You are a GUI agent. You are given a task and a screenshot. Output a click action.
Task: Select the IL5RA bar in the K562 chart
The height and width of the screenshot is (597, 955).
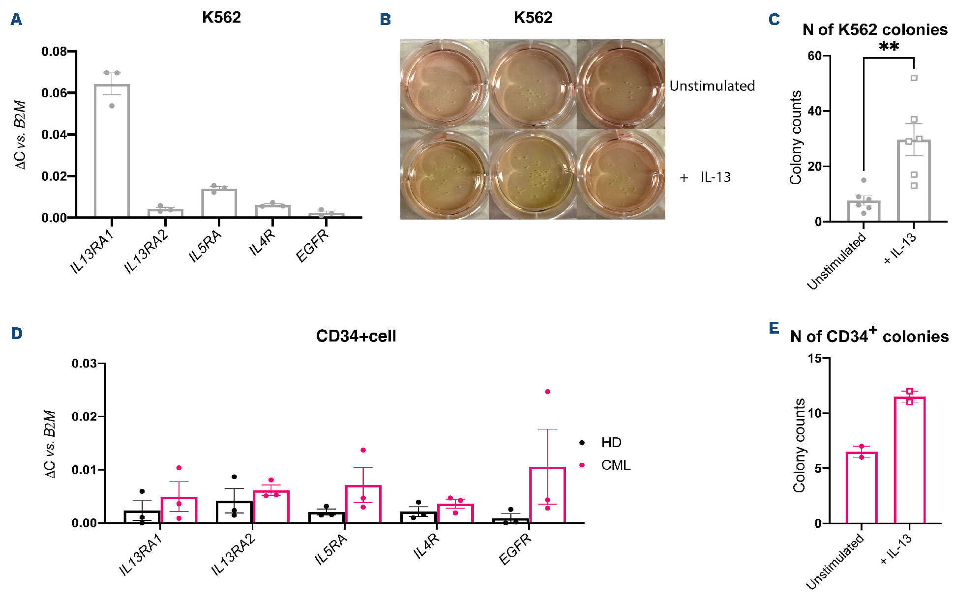coord(219,203)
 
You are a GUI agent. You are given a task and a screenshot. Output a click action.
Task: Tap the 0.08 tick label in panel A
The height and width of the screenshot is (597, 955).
coord(54,52)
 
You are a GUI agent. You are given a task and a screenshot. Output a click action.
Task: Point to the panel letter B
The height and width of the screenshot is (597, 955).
coord(386,20)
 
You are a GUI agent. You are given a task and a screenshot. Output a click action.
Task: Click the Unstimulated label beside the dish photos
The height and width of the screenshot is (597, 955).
coord(712,86)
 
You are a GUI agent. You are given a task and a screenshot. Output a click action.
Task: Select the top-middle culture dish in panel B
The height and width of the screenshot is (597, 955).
coord(533,85)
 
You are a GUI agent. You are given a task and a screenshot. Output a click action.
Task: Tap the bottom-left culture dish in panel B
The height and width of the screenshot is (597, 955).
coord(445,174)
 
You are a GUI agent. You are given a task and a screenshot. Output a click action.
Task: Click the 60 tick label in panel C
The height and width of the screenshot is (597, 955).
coord(815,56)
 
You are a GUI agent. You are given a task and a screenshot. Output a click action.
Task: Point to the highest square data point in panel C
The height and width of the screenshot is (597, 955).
coord(914,78)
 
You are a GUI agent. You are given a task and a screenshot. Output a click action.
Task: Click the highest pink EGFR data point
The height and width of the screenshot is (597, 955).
coord(547,392)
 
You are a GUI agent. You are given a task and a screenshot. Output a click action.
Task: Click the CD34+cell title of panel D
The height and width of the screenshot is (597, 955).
coord(356,336)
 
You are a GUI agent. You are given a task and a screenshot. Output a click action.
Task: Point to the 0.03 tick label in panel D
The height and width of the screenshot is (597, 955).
coord(84,364)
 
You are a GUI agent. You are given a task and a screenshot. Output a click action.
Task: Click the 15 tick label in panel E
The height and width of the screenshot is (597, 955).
coord(815,359)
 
